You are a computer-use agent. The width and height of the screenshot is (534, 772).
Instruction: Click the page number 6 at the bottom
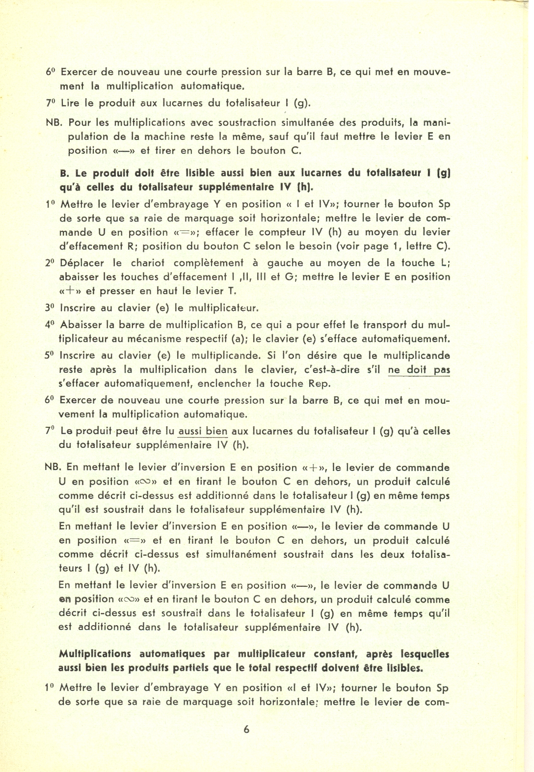(x=246, y=729)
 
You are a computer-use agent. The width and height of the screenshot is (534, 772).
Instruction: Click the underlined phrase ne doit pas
(x=419, y=370)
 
